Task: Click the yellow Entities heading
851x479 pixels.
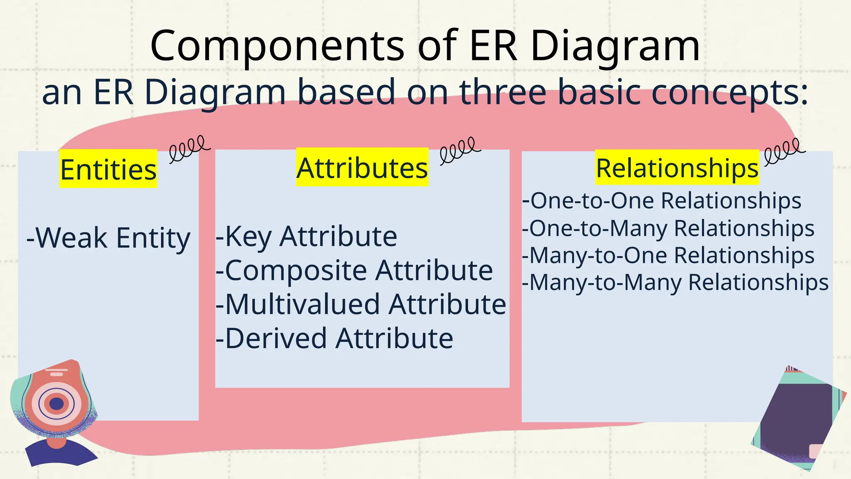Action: click(x=108, y=169)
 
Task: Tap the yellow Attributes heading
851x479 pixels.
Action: click(x=362, y=168)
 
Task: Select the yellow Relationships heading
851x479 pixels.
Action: click(x=677, y=168)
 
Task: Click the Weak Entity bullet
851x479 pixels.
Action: click(x=108, y=238)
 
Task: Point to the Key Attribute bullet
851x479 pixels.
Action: click(x=307, y=236)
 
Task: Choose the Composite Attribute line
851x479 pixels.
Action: click(x=354, y=270)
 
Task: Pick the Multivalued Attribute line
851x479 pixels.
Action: click(x=361, y=304)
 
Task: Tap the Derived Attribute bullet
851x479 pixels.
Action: click(x=334, y=338)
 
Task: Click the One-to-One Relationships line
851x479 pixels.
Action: click(x=662, y=200)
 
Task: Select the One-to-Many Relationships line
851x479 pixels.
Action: click(x=668, y=228)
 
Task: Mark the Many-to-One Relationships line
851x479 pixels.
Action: click(x=668, y=255)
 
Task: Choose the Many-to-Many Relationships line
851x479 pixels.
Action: click(x=675, y=282)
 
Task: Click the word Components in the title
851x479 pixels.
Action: click(x=277, y=45)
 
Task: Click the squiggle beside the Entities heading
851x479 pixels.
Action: click(x=189, y=148)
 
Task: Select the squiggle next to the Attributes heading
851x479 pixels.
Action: click(x=460, y=150)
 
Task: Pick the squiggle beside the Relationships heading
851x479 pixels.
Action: click(x=784, y=151)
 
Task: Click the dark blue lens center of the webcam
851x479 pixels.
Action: click(x=57, y=403)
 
